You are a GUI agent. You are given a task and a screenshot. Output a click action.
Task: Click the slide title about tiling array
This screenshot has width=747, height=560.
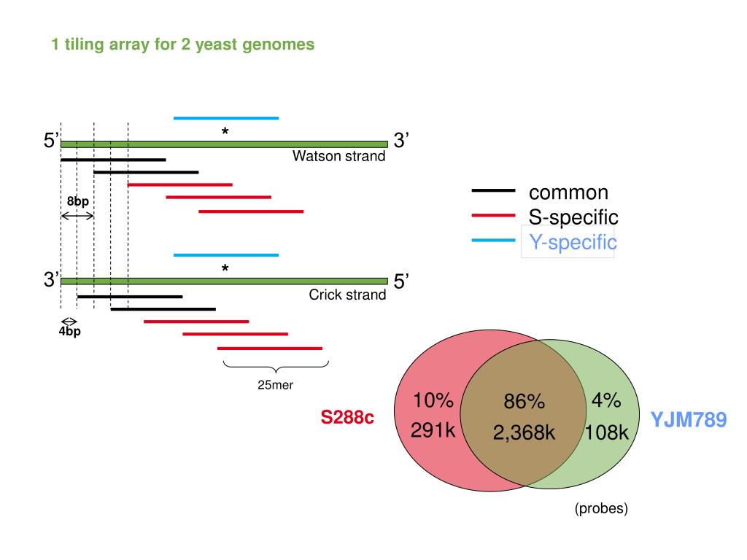pos(182,44)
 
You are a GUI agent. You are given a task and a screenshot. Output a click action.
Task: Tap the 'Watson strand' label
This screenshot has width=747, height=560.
pos(338,156)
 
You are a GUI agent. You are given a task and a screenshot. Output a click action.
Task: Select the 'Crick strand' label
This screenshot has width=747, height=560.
pos(347,295)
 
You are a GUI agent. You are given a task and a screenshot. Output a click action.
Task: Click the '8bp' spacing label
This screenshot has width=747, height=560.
pos(77,201)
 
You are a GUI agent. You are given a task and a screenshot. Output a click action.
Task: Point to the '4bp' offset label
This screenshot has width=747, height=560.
pos(70,332)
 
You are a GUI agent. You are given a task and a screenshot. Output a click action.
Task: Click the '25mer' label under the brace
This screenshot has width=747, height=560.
pos(275,385)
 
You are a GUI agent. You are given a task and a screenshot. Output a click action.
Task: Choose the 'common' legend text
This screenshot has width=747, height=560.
pos(568,192)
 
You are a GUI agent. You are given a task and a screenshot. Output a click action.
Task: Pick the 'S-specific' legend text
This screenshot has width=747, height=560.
pos(573,217)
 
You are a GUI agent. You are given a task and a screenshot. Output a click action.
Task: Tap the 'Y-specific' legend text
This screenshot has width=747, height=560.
pos(573,242)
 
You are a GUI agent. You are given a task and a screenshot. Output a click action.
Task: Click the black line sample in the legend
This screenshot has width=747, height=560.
pos(494,191)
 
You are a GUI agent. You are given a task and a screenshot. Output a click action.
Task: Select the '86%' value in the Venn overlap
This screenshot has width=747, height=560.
pos(524,402)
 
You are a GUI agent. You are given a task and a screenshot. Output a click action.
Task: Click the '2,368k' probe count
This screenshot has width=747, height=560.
pos(524,433)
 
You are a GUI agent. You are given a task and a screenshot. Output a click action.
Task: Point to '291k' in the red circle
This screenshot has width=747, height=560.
pos(433,431)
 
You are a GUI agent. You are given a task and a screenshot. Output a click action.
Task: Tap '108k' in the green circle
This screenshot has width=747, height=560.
pos(606,433)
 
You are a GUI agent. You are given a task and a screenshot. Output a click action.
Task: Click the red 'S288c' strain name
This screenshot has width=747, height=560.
pos(347,418)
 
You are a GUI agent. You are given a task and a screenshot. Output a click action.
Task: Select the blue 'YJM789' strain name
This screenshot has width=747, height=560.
pos(688,420)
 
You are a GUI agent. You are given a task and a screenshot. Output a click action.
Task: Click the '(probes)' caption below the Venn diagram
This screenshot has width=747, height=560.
pos(600,508)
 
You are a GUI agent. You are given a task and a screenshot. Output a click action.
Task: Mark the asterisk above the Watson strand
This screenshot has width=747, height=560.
pos(225,132)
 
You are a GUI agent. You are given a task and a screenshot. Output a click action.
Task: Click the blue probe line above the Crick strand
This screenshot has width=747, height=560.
pos(226,255)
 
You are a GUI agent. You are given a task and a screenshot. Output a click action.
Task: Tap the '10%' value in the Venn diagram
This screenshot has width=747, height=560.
pos(433,400)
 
